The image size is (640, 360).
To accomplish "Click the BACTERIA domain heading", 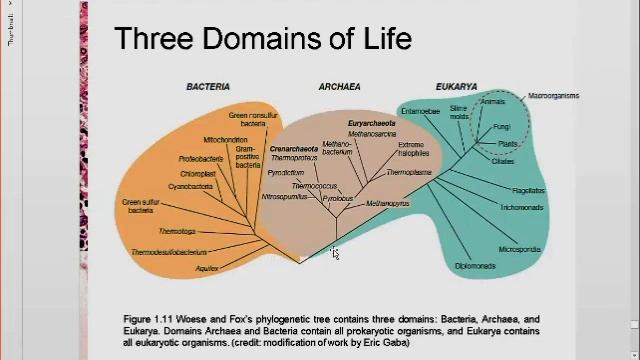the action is (208, 87).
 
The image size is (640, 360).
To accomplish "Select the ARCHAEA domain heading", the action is (339, 87).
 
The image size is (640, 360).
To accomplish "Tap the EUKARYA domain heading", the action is (456, 87).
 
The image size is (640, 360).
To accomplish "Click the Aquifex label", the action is (207, 268).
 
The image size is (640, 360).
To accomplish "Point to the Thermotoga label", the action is (176, 231).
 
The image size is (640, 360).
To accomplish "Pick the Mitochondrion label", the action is (225, 140).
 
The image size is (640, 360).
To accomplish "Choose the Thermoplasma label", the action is (409, 172).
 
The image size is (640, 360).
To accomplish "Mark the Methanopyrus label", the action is (388, 203).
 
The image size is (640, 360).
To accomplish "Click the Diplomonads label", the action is (474, 266).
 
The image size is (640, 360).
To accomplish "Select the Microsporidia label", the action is (520, 248).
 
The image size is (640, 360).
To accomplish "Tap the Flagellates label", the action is (528, 190).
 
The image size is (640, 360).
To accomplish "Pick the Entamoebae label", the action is (420, 111).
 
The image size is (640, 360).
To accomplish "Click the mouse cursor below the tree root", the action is (335, 254).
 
